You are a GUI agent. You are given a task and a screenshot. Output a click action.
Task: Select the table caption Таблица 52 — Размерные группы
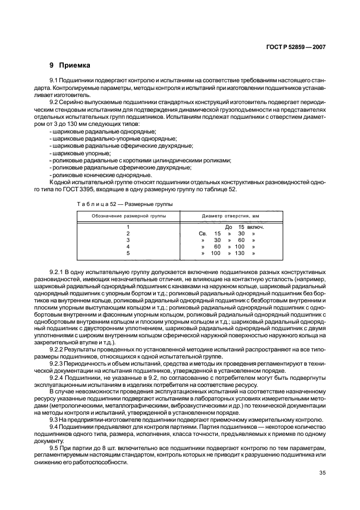125,204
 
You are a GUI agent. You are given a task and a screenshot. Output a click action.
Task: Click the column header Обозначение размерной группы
129,216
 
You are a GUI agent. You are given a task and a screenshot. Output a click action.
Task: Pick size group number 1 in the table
128,227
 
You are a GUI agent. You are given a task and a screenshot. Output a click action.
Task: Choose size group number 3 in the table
128,240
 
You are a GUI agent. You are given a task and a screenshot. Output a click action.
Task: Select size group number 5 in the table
128,253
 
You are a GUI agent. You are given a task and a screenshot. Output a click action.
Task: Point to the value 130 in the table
240,253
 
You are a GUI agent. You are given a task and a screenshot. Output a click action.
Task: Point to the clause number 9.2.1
57,271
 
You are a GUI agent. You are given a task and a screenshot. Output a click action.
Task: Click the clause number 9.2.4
57,376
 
